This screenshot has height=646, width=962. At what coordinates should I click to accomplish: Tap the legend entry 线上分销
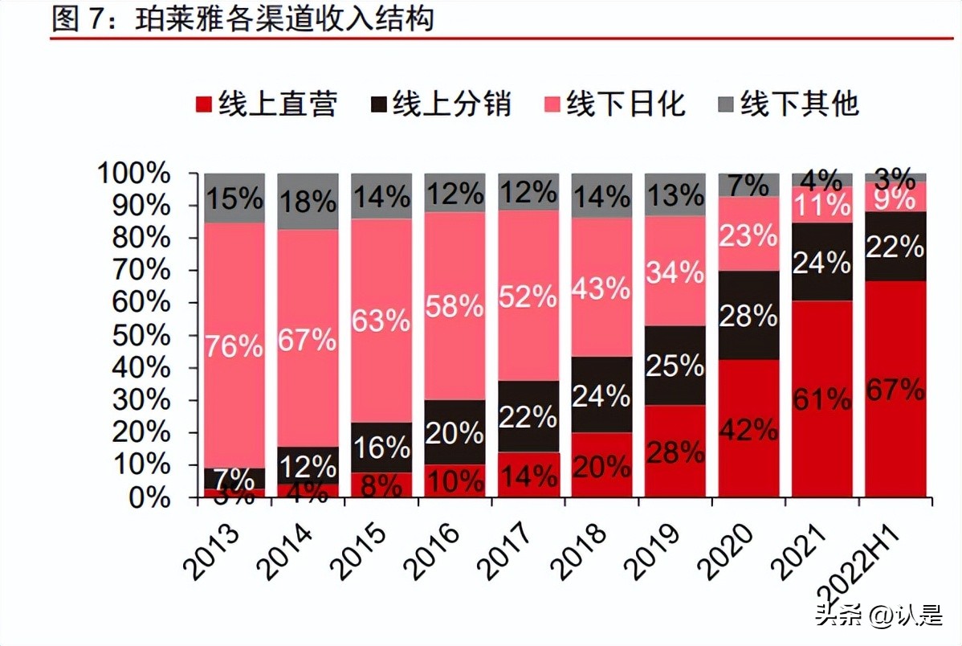click(x=441, y=104)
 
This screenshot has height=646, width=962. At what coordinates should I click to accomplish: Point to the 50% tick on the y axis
click(x=134, y=335)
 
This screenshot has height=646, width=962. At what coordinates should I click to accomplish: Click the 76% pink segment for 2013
click(x=234, y=345)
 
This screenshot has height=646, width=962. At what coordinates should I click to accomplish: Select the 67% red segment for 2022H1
click(x=895, y=390)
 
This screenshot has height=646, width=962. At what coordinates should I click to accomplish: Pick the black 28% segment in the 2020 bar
click(x=748, y=315)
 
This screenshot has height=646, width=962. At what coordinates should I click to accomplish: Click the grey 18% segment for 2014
click(x=308, y=201)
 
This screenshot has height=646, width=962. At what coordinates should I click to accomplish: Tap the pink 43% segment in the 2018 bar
click(x=601, y=288)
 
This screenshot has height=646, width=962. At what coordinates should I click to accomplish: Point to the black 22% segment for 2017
click(x=528, y=416)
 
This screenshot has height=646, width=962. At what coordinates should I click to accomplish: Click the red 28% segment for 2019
click(x=675, y=452)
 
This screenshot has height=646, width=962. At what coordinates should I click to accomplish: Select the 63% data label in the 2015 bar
click(x=381, y=321)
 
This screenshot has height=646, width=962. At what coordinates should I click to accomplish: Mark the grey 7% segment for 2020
click(x=748, y=184)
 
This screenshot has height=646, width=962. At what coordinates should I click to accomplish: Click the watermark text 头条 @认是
click(x=878, y=617)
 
